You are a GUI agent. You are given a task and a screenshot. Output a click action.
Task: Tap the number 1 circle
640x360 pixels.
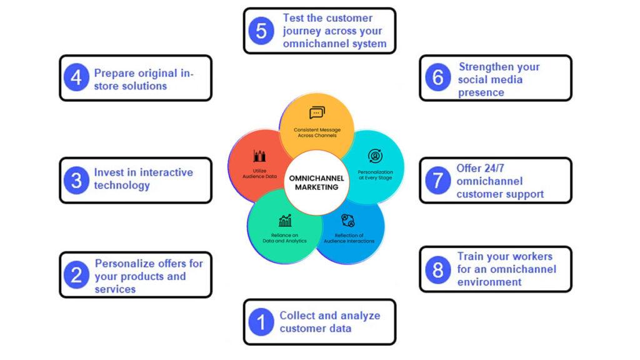[x=261, y=322]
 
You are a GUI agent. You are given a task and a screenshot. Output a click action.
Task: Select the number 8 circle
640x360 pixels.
[x=437, y=270]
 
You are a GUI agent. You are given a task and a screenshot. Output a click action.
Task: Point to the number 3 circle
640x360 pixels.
[x=76, y=181]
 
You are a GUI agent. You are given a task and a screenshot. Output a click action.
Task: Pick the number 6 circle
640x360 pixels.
[x=437, y=77]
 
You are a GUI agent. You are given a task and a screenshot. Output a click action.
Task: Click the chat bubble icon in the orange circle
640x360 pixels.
[x=317, y=113]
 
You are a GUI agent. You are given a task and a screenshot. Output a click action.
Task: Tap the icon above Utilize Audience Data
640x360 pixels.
[x=259, y=156]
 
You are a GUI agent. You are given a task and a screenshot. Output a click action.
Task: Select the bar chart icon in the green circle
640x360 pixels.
[x=285, y=221]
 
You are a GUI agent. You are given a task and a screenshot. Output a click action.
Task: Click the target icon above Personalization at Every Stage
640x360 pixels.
[x=375, y=156]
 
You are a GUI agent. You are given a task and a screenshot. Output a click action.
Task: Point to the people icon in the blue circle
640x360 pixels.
[x=348, y=220]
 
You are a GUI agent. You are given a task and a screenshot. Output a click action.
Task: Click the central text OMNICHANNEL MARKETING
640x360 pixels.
[x=316, y=182]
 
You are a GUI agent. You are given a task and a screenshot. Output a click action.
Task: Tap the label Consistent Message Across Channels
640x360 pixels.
[x=317, y=132]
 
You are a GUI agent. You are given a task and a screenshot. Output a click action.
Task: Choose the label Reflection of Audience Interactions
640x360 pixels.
[x=349, y=238]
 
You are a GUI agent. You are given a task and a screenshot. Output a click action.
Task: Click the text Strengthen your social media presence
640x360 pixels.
[x=498, y=79]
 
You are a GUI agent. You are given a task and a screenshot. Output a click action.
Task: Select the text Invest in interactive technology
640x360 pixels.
[x=143, y=179]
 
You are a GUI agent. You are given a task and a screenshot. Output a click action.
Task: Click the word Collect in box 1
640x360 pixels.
[x=297, y=316]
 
